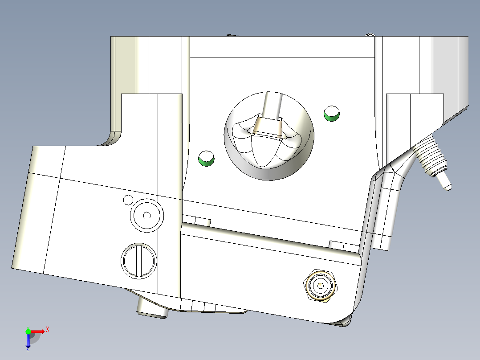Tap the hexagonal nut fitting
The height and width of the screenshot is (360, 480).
321,286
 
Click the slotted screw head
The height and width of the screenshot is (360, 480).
138,261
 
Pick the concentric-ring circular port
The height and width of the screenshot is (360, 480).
146,215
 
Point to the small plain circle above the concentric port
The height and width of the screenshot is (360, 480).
128,199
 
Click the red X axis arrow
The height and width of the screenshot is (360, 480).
38,331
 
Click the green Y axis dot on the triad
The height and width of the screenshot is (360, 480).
28,331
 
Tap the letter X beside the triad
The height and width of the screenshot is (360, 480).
48,330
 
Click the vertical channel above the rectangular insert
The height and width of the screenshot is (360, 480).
272,105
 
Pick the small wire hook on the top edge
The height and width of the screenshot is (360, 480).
370,35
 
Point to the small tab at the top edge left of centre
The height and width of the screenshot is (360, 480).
231,35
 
